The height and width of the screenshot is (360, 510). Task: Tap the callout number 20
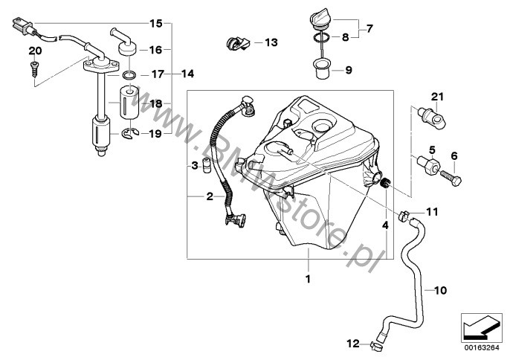31,51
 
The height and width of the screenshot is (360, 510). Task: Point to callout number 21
437,97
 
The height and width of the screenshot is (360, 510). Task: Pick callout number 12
354,344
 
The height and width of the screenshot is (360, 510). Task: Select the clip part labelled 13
236,43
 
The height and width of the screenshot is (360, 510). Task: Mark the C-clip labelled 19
130,134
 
